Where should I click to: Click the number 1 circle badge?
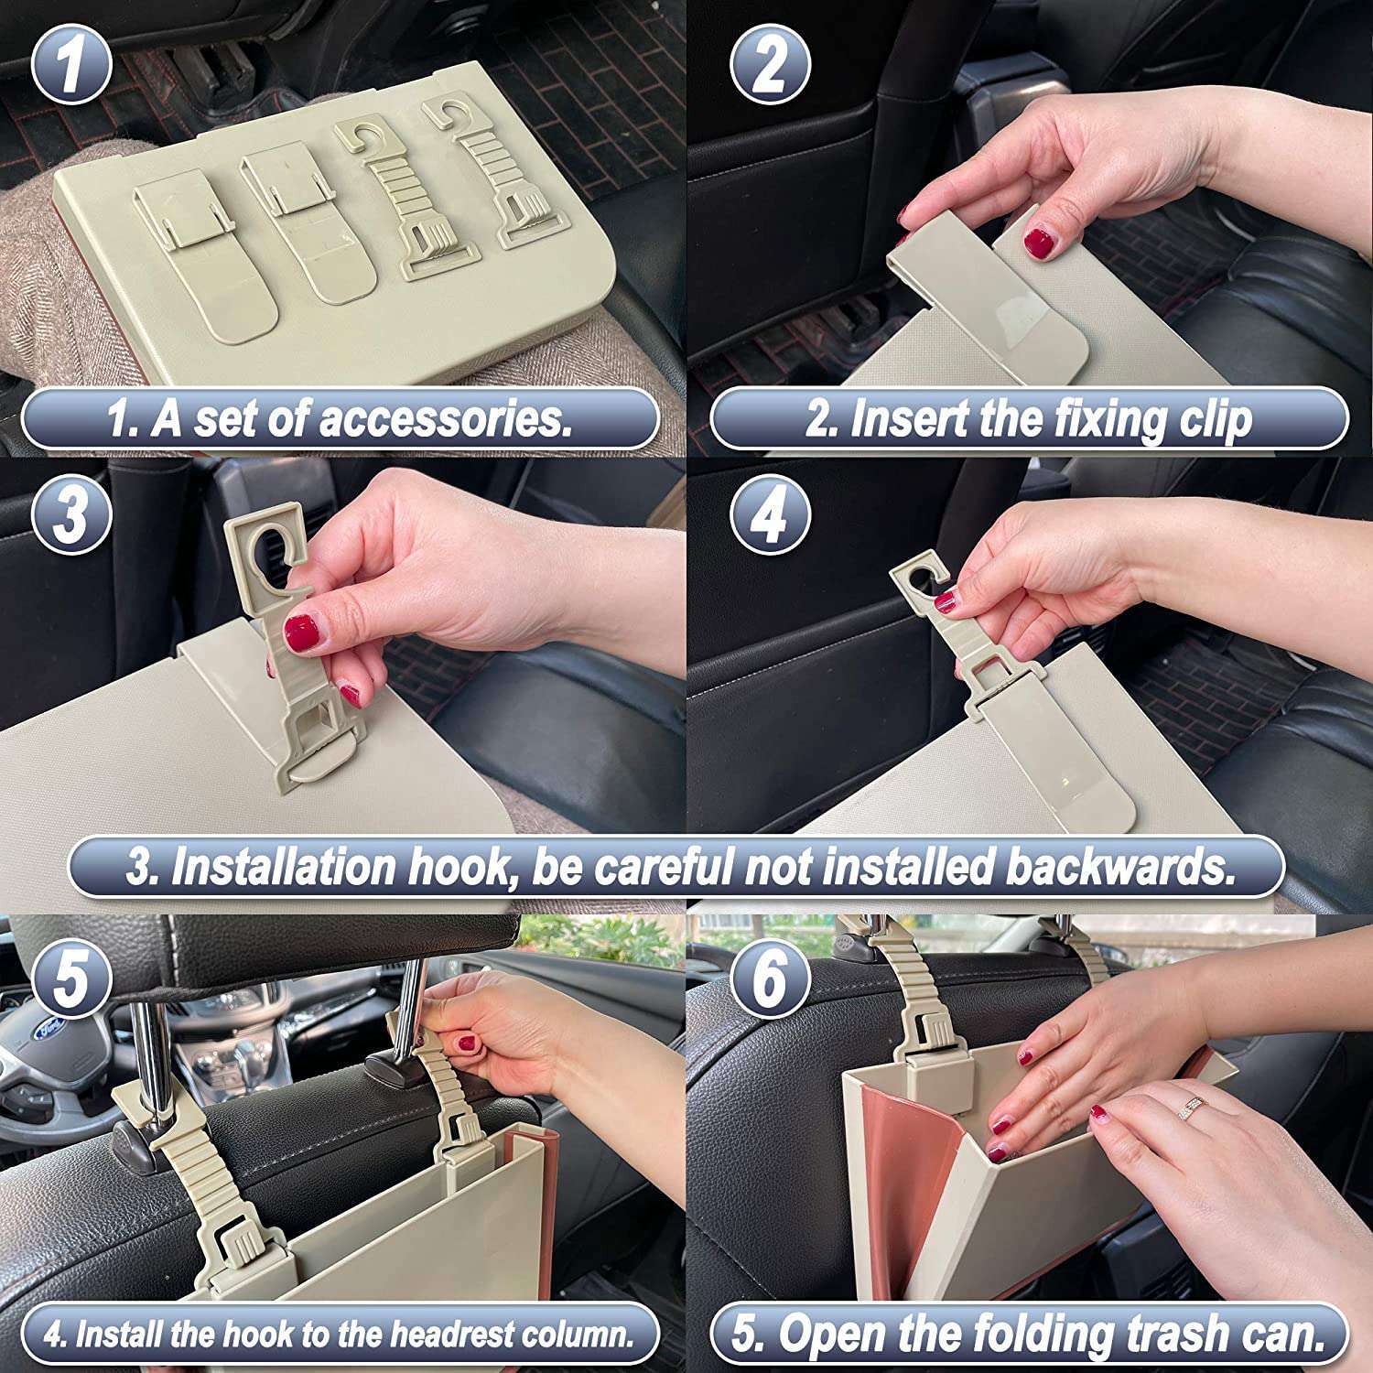pyautogui.click(x=72, y=64)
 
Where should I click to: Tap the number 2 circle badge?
pyautogui.click(x=770, y=64)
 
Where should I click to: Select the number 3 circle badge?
pyautogui.click(x=72, y=514)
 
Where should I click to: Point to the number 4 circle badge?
pyautogui.click(x=770, y=514)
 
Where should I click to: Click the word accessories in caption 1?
pyautogui.click(x=445, y=419)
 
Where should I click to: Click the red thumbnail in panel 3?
pyautogui.click(x=301, y=632)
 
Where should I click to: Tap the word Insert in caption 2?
pyautogui.click(x=906, y=419)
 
